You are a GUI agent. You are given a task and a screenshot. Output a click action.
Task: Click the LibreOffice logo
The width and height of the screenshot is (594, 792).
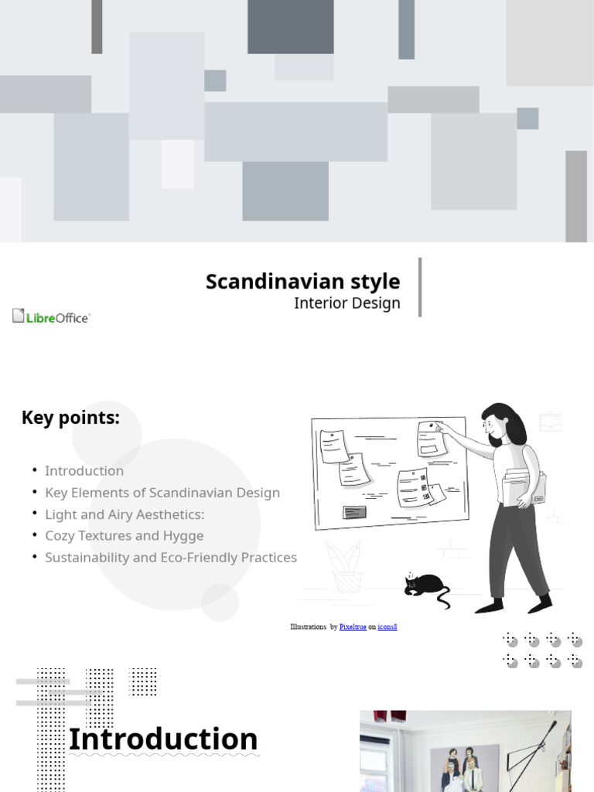[x=51, y=316]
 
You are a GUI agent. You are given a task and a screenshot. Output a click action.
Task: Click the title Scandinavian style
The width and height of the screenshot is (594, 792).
[x=302, y=282]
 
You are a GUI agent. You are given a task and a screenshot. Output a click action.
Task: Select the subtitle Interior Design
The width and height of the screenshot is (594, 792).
[x=346, y=303]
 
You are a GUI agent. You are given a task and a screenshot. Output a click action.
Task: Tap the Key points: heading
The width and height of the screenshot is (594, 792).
[x=70, y=418]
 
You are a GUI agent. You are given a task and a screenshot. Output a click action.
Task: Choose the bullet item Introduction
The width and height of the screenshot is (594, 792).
[x=84, y=471]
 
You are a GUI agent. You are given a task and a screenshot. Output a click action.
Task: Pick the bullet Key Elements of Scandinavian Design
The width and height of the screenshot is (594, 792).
[x=162, y=493]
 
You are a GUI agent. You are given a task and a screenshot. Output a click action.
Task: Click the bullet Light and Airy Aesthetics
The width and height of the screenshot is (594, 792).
[x=125, y=514]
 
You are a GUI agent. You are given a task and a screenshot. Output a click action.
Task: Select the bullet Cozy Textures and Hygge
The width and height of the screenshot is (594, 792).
[x=124, y=536]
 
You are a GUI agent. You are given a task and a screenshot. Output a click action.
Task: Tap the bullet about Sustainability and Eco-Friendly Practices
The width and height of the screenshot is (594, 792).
[x=170, y=558]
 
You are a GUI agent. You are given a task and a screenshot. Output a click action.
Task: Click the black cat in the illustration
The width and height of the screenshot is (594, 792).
[x=425, y=586]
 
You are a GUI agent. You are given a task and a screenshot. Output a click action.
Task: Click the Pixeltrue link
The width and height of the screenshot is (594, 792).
[x=353, y=626]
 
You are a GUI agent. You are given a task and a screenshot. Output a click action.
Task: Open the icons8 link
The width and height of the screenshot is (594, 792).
[x=387, y=626]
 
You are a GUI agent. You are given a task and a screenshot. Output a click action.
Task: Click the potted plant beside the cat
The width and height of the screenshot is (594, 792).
[x=346, y=566]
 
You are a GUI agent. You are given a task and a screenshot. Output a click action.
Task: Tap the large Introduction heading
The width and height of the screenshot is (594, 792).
[x=163, y=739]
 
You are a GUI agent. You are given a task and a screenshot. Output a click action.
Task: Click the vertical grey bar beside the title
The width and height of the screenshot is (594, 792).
[x=420, y=287]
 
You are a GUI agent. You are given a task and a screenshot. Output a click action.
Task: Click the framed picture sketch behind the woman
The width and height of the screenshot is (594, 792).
[x=551, y=422]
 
